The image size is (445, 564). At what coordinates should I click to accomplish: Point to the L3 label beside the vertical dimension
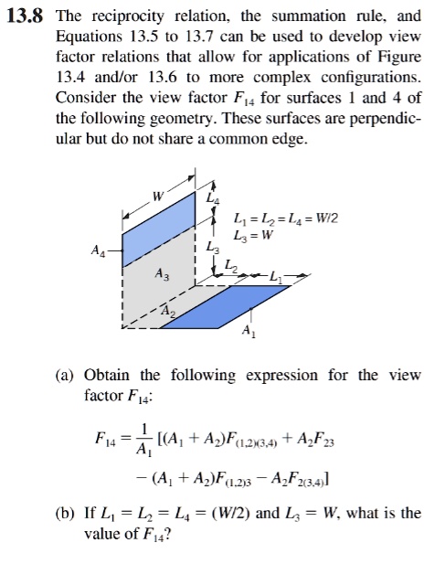click(x=213, y=247)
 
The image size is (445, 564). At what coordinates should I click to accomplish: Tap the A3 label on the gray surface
click(x=162, y=274)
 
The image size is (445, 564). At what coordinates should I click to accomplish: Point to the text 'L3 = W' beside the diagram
click(x=255, y=235)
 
